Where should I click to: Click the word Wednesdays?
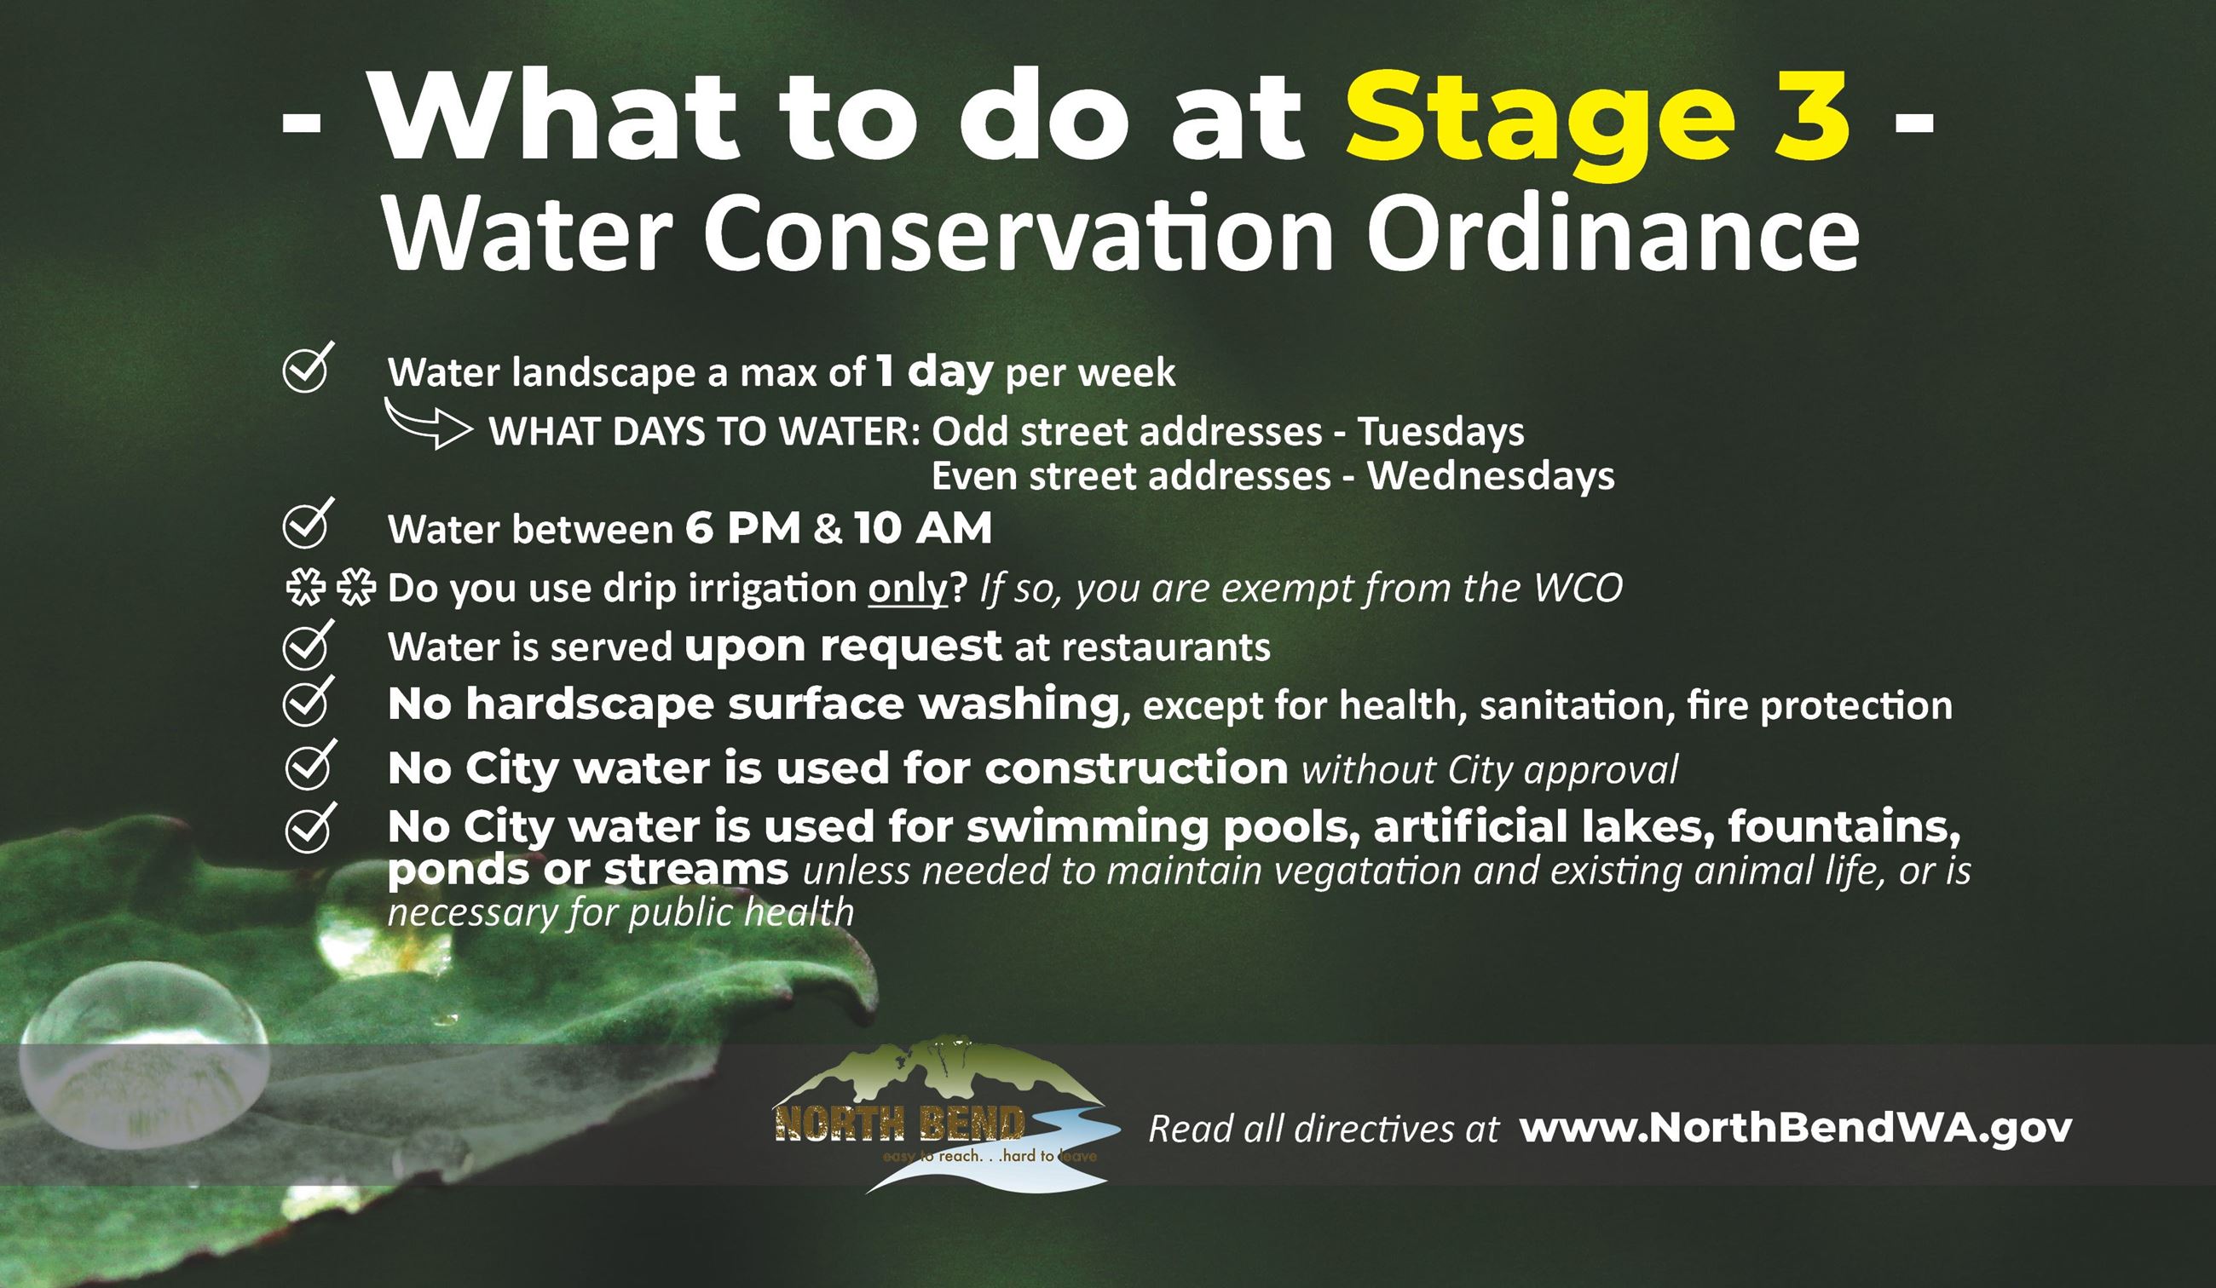coord(1491,476)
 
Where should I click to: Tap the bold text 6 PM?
coord(742,528)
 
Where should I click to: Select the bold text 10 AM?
coord(922,528)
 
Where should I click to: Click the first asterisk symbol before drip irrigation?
coord(305,587)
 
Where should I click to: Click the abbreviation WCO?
coord(1578,588)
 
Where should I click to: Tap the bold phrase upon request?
coord(842,647)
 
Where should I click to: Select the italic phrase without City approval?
coord(1490,770)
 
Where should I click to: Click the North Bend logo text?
coord(898,1124)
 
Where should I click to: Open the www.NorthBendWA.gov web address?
coord(1795,1128)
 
